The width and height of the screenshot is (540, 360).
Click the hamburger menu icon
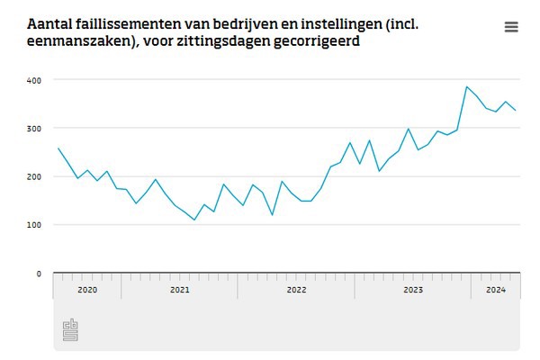[x=511, y=27]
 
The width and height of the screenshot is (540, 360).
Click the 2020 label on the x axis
[x=87, y=290]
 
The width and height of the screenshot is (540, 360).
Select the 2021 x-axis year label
[x=180, y=290]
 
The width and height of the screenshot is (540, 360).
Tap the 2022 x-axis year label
[x=296, y=290]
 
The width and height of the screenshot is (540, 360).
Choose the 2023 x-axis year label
[x=413, y=290]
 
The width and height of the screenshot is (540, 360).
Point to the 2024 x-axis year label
[x=495, y=290]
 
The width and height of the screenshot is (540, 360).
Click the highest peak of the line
[x=466, y=87]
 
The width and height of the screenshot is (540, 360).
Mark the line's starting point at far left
[x=58, y=148]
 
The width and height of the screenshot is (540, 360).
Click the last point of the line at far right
[x=516, y=111]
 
